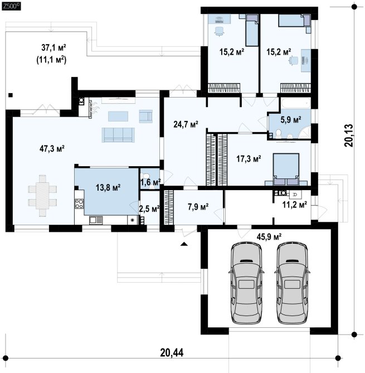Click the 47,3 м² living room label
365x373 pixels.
tap(52, 149)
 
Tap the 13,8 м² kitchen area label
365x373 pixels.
tap(108, 187)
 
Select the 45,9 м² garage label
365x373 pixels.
tap(269, 237)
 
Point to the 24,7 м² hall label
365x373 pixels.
tap(186, 124)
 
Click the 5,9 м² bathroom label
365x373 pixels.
tap(291, 119)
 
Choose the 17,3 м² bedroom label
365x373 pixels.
tap(249, 158)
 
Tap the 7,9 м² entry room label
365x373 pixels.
tap(198, 207)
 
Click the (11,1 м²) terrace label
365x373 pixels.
tap(51, 60)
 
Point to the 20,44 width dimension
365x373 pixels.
tap(172, 352)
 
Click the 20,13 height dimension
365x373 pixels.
tap(349, 135)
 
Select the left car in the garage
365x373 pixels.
tap(246, 283)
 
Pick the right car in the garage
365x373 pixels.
tap(292, 283)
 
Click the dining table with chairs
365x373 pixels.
tap(42, 196)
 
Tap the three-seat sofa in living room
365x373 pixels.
tap(118, 135)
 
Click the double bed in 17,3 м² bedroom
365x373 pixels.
tap(286, 169)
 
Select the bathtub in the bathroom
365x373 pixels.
tap(295, 103)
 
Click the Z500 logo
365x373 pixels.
tap(11, 7)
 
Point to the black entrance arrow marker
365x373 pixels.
tap(184, 244)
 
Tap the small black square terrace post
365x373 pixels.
tap(11, 95)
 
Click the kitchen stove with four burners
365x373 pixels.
tap(79, 204)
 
